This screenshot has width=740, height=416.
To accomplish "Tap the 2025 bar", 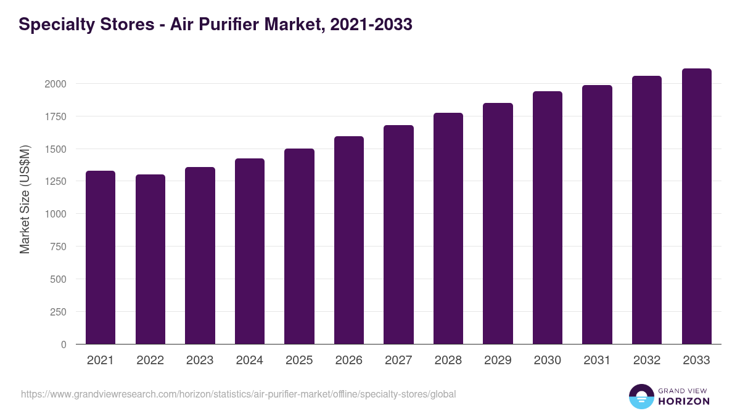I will click(x=299, y=247).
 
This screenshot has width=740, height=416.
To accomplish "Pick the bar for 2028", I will click(x=448, y=229).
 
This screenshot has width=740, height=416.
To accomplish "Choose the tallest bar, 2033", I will click(x=696, y=206).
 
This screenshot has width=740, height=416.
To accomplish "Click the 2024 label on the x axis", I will click(x=249, y=361).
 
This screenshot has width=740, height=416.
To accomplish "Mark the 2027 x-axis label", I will click(x=398, y=361).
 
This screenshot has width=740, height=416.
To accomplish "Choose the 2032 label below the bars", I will click(x=647, y=361).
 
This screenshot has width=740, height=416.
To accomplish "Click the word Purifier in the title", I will click(x=231, y=25).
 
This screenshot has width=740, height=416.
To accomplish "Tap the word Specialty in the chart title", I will click(x=55, y=25).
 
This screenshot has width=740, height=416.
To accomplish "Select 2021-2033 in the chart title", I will click(x=371, y=25).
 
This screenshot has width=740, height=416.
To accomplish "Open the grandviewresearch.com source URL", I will click(x=239, y=394).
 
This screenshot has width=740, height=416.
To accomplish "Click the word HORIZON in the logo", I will click(x=684, y=401).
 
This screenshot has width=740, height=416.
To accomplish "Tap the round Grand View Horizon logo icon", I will click(x=641, y=396).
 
